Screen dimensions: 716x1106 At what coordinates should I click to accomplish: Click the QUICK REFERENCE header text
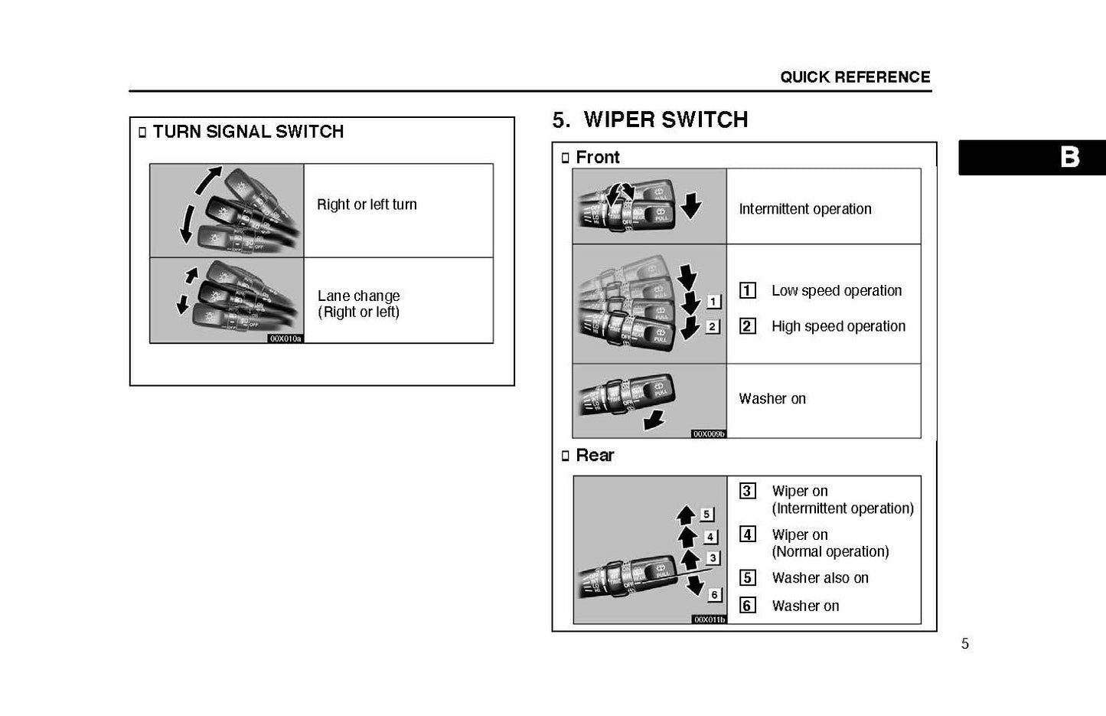pyautogui.click(x=855, y=77)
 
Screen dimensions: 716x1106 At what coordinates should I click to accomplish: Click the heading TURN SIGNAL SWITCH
pyautogui.click(x=248, y=132)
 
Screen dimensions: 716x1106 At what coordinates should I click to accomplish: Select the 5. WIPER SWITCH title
pyautogui.click(x=650, y=119)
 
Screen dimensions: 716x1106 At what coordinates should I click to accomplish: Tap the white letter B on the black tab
pyautogui.click(x=1069, y=157)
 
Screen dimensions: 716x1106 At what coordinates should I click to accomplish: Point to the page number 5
pyautogui.click(x=964, y=644)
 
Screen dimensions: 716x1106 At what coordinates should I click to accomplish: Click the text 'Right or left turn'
pyautogui.click(x=367, y=204)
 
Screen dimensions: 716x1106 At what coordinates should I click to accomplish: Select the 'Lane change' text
pyautogui.click(x=358, y=296)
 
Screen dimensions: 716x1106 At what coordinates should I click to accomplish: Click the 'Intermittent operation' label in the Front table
pyautogui.click(x=804, y=209)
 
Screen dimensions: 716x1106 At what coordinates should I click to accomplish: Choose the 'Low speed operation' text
pyautogui.click(x=836, y=291)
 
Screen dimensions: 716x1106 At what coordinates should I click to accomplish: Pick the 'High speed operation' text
pyautogui.click(x=838, y=326)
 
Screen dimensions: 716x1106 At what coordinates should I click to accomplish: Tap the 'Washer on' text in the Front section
pyautogui.click(x=772, y=399)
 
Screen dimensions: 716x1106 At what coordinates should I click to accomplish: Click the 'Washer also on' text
pyautogui.click(x=820, y=578)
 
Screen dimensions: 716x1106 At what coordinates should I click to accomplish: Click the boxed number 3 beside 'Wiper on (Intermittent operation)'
pyautogui.click(x=747, y=491)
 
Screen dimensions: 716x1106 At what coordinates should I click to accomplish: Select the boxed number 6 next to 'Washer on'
pyautogui.click(x=747, y=606)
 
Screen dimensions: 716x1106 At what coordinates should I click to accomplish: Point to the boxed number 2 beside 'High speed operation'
pyautogui.click(x=747, y=326)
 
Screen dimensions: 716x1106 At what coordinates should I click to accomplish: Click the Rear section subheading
pyautogui.click(x=595, y=456)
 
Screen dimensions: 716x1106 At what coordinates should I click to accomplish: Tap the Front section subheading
pyautogui.click(x=597, y=158)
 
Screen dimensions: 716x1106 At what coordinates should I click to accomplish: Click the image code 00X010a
pyautogui.click(x=285, y=338)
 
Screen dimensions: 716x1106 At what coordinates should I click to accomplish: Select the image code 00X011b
pyautogui.click(x=709, y=620)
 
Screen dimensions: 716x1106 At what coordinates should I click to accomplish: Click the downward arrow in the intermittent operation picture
pyautogui.click(x=690, y=205)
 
